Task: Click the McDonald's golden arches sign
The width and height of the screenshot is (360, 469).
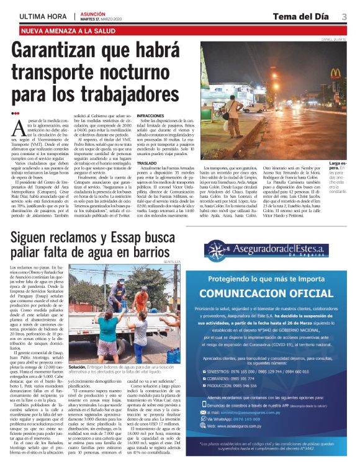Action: [x=335, y=73]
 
